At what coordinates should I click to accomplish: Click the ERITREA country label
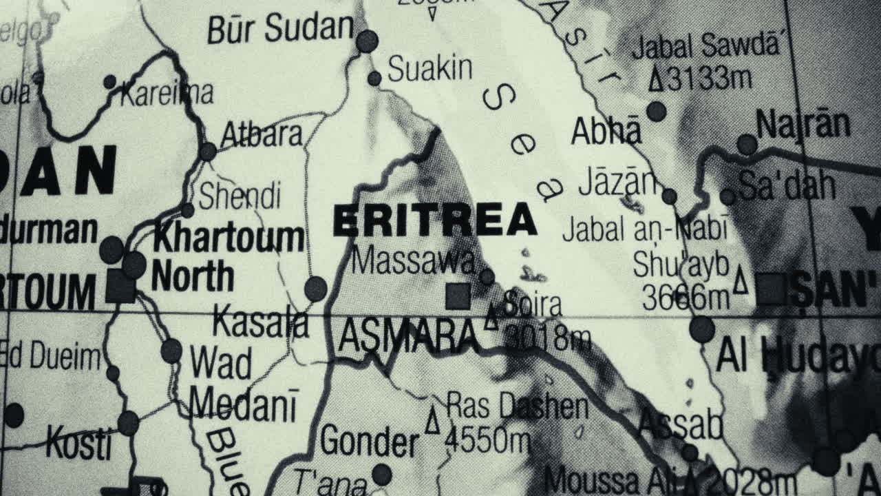(x=434, y=220)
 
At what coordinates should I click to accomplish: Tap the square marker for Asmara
(x=458, y=297)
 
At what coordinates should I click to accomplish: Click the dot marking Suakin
(x=374, y=79)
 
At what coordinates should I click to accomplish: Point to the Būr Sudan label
(x=280, y=29)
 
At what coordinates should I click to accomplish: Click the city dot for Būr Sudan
(x=367, y=41)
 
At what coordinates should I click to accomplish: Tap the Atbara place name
(x=262, y=134)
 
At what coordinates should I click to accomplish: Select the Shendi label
(x=240, y=196)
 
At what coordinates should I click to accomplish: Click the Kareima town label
(x=167, y=93)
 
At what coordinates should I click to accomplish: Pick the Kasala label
(x=260, y=323)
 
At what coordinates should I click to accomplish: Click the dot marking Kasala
(x=316, y=289)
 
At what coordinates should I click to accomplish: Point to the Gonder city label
(x=369, y=441)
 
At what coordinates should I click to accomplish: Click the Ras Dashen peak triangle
(x=432, y=420)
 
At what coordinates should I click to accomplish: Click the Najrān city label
(x=803, y=125)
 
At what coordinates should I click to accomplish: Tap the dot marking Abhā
(x=657, y=111)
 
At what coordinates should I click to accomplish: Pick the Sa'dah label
(x=787, y=185)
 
